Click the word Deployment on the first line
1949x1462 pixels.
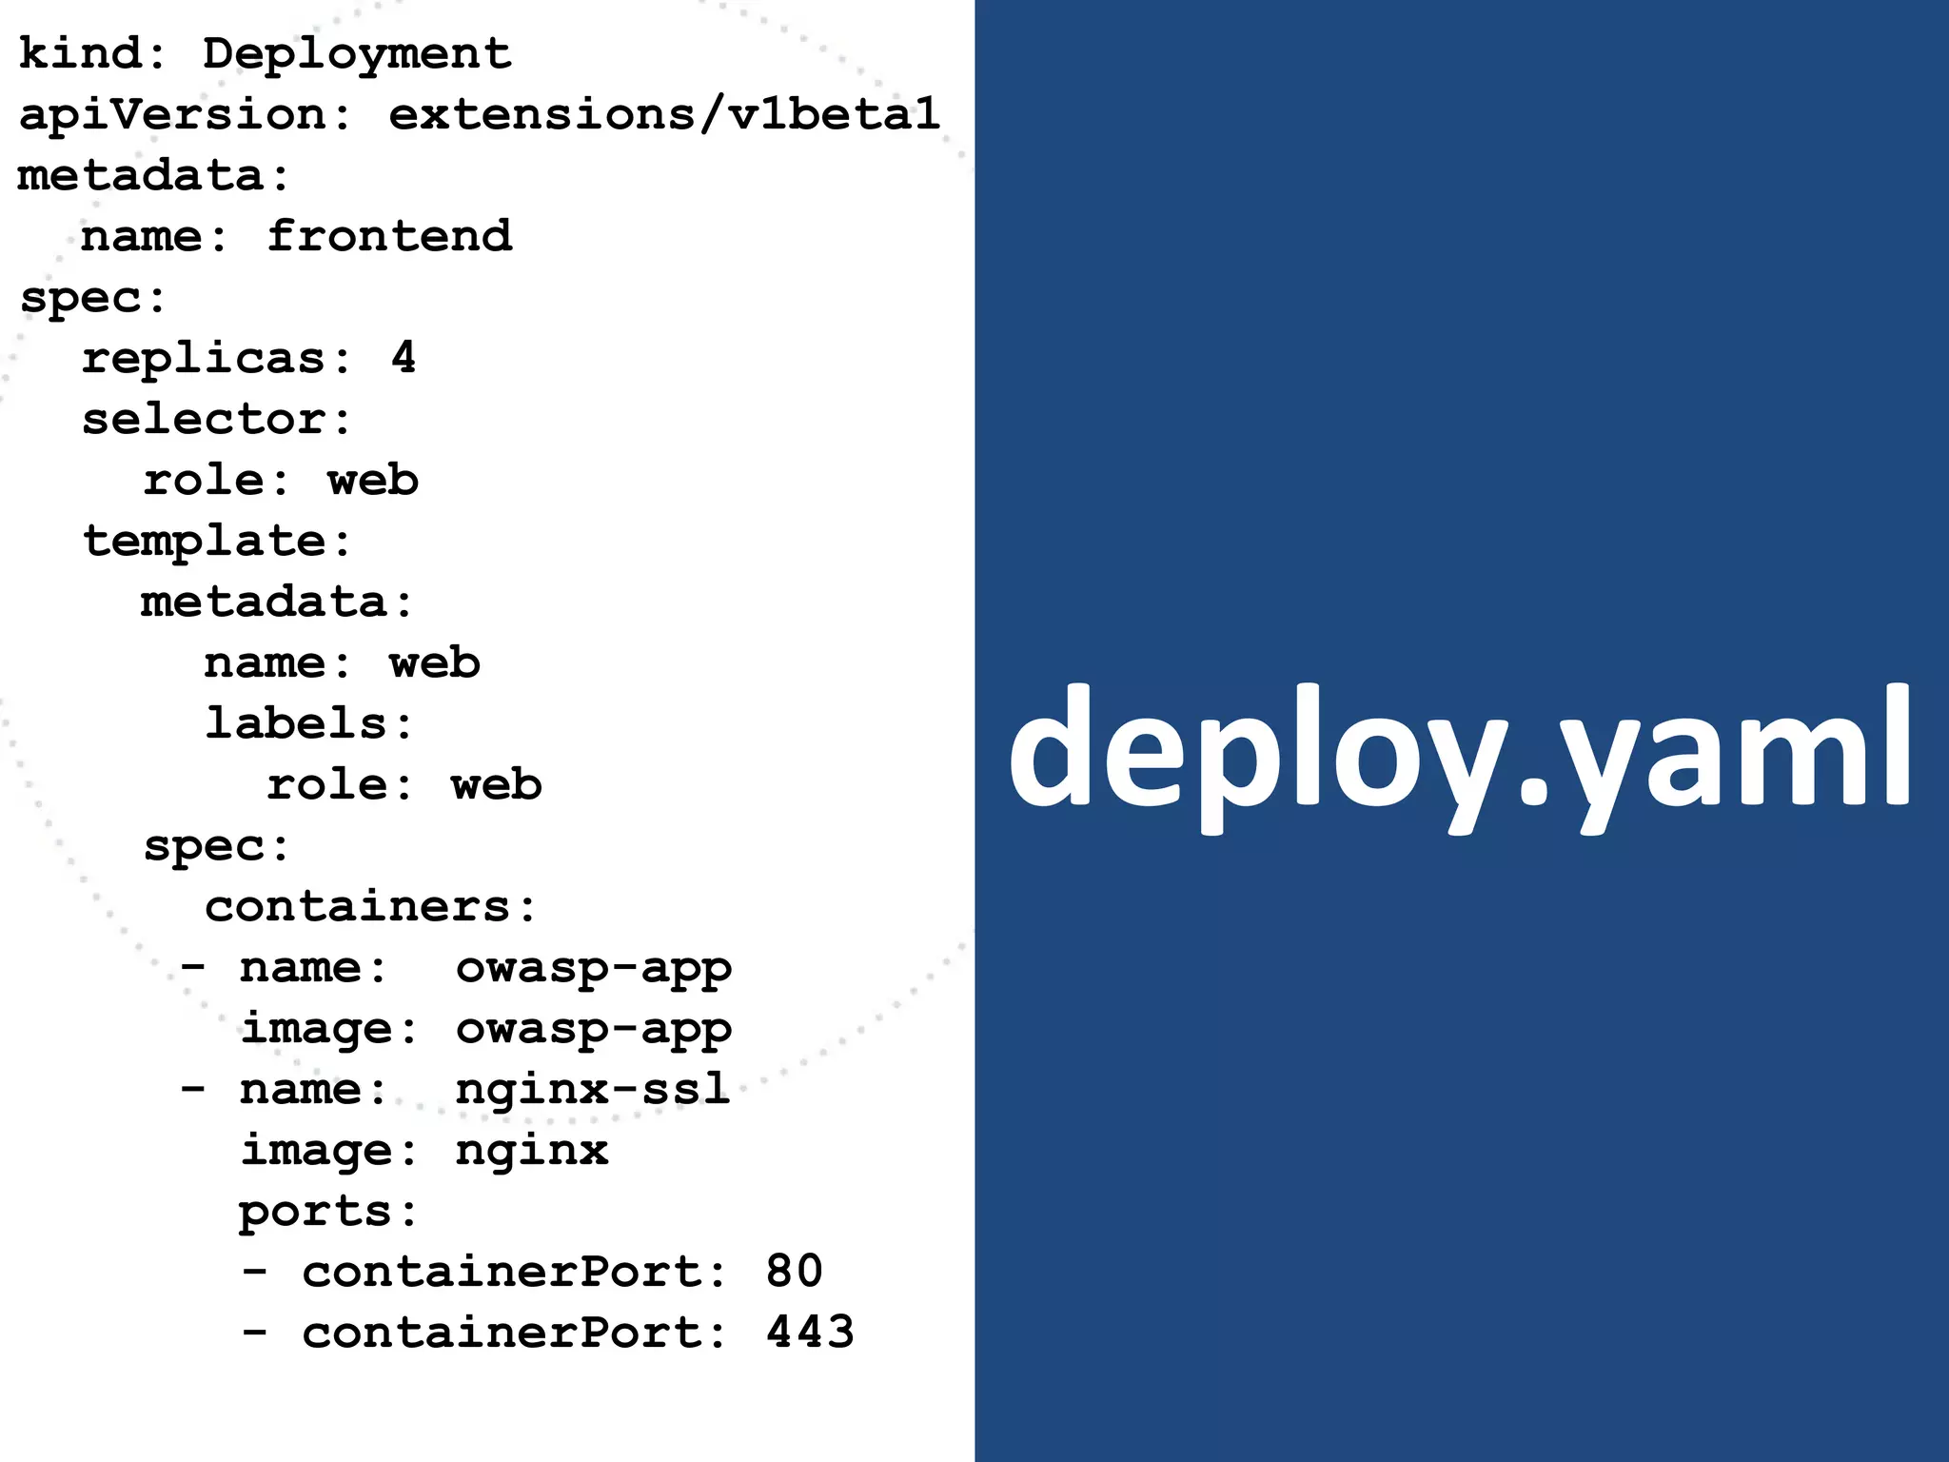[357, 54]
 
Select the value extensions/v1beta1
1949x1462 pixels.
[664, 115]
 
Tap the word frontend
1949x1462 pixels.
[389, 236]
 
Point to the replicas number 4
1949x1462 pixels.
[404, 358]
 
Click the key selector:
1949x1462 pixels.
[216, 420]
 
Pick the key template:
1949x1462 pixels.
[216, 542]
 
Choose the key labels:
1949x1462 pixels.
[308, 723]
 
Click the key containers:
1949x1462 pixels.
[370, 906]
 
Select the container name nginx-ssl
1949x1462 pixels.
[592, 1089]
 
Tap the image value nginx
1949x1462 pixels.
[531, 1151]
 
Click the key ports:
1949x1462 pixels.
[326, 1212]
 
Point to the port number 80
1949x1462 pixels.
[794, 1272]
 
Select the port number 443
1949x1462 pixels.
[810, 1333]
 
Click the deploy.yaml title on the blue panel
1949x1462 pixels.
[1460, 752]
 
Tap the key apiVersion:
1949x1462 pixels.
[185, 115]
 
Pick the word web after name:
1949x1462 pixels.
[434, 662]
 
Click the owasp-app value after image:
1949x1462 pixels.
[593, 1029]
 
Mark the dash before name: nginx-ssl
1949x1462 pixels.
[193, 1089]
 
